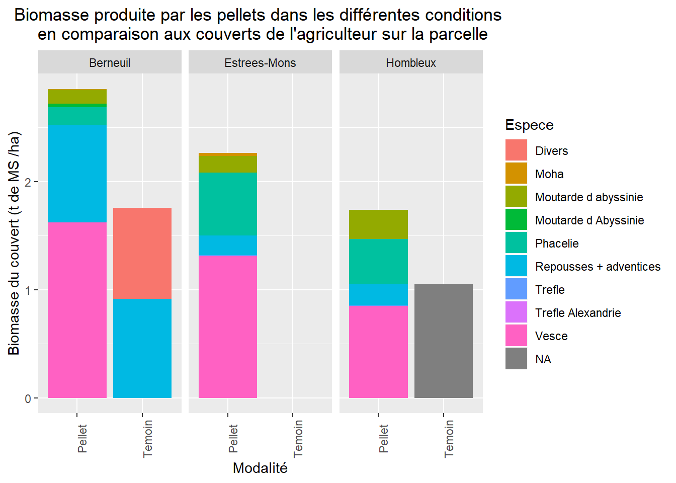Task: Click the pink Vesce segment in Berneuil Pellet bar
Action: [77, 309]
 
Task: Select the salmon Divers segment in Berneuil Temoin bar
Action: [142, 253]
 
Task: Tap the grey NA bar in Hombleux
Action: [443, 341]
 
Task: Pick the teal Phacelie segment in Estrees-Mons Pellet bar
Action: [228, 204]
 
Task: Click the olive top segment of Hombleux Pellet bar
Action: [378, 224]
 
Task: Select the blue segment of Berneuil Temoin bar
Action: [142, 348]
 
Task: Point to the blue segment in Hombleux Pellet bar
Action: [378, 295]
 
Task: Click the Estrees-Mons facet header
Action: [260, 63]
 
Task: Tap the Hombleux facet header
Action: [411, 63]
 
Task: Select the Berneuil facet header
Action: [110, 63]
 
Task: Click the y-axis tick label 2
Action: [28, 182]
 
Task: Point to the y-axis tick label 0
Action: [28, 398]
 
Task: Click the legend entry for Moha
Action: [549, 174]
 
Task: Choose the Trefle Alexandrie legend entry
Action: [578, 313]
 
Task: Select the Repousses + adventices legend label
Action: [598, 267]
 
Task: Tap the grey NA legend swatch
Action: [516, 359]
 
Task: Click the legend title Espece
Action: [529, 125]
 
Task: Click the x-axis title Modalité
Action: [260, 468]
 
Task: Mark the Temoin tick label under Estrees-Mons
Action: [298, 439]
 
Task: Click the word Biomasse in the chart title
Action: [52, 15]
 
